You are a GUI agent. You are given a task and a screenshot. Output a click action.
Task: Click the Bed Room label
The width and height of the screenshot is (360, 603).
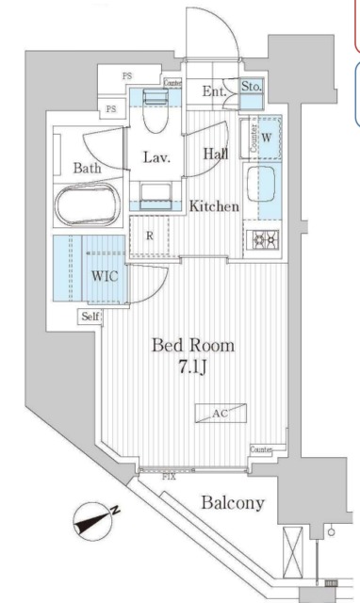pos(194,345)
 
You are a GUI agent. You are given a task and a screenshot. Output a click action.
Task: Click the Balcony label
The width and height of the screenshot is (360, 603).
pos(232,503)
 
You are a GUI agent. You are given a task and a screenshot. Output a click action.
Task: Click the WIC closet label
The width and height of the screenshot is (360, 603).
pos(105,277)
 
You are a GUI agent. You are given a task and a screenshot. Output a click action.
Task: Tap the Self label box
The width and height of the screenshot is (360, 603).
pos(90,318)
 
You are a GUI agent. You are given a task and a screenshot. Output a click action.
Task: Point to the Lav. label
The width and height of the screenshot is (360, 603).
pos(155,157)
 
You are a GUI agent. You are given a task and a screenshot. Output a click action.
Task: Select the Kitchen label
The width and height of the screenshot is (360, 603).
pos(214,206)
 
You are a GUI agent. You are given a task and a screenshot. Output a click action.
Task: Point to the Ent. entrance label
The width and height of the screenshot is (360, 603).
pos(213,91)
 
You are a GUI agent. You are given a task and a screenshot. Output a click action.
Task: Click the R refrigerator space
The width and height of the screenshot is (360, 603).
pos(149,236)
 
